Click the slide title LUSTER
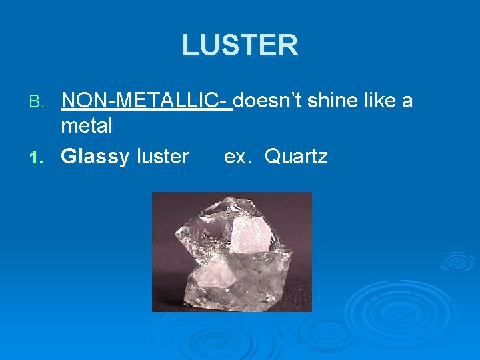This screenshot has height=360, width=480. click(240, 45)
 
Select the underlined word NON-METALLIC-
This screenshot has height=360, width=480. click(145, 101)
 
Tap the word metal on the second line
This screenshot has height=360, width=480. click(87, 125)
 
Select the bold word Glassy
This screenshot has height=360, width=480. click(95, 157)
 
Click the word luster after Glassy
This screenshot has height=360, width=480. click(163, 157)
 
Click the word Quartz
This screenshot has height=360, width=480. click(296, 157)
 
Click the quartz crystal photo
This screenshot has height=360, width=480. click(232, 252)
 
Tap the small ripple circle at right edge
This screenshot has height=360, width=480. click(457, 261)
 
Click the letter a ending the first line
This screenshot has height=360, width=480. click(407, 101)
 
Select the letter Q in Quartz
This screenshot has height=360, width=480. click(273, 157)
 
